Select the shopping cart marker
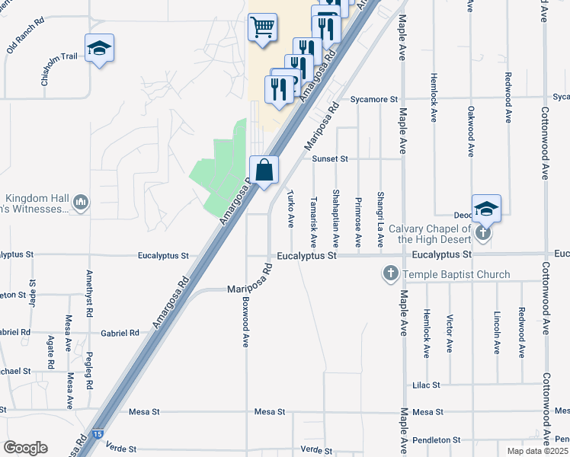pyautogui.click(x=262, y=28)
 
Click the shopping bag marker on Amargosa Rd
pyautogui.click(x=264, y=171)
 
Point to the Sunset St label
pyautogui.click(x=330, y=158)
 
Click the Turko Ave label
pyautogui.click(x=290, y=209)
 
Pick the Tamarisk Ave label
pyautogui.click(x=313, y=217)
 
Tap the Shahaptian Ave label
pyautogui.click(x=335, y=218)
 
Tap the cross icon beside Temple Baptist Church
pyautogui.click(x=390, y=273)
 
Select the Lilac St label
pyautogui.click(x=426, y=385)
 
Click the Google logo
pyautogui.click(x=25, y=448)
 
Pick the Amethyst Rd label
pyautogui.click(x=90, y=293)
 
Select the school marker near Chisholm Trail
pyautogui.click(x=99, y=49)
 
